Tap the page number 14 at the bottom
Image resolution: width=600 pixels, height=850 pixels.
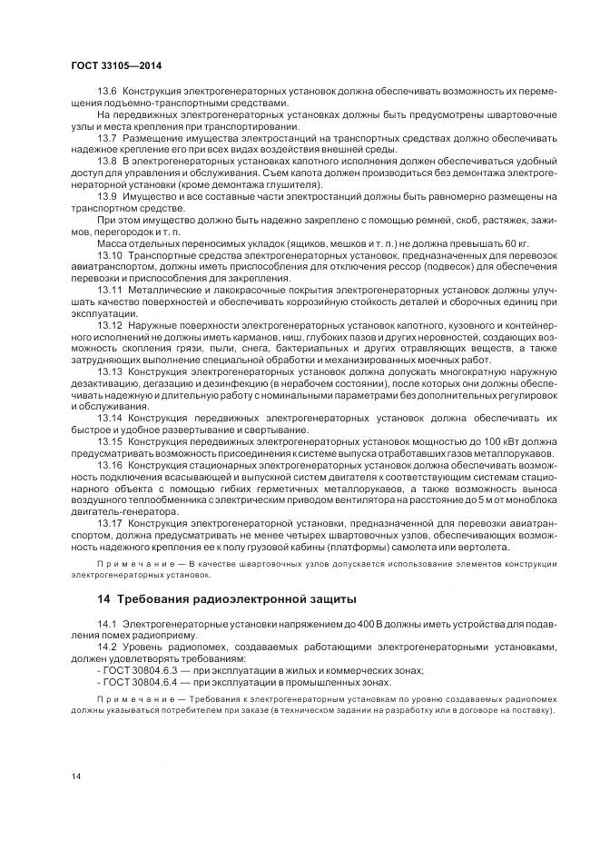click(75, 776)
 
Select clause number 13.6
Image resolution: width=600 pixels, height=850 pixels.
click(107, 93)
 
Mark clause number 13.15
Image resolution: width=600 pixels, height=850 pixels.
click(109, 440)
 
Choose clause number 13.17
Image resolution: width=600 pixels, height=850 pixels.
click(109, 523)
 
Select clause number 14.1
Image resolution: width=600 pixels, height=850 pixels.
click(107, 622)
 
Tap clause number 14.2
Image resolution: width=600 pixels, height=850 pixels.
click(107, 646)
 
